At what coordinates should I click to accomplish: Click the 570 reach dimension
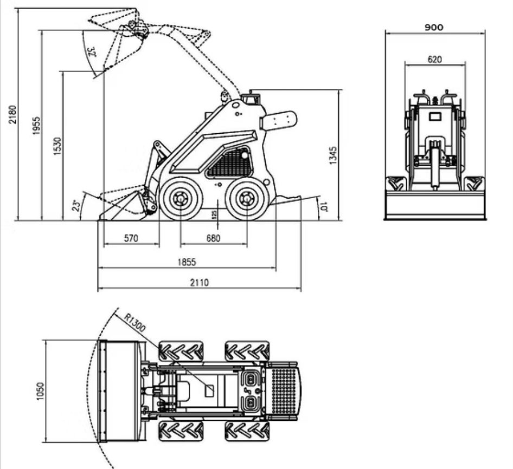coord(131,238)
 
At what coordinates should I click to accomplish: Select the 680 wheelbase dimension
coord(214,238)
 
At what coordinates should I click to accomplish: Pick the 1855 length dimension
coord(187,262)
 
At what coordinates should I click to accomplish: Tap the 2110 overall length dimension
coord(198,282)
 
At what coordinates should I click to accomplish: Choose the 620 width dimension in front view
coord(434,60)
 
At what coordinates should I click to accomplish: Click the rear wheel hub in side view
coord(246,199)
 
